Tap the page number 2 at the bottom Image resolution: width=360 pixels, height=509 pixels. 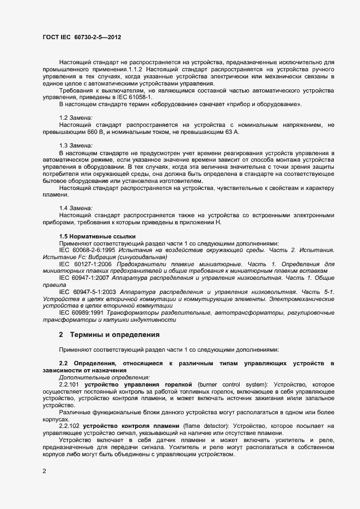point(44,471)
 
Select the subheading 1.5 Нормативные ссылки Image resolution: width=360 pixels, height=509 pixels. point(97,236)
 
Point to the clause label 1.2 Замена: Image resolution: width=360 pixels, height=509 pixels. point(76,118)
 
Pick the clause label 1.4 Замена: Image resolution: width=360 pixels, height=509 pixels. point(76,208)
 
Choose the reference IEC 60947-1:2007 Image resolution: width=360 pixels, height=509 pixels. point(83,277)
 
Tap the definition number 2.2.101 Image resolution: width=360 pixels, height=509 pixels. point(70,384)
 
